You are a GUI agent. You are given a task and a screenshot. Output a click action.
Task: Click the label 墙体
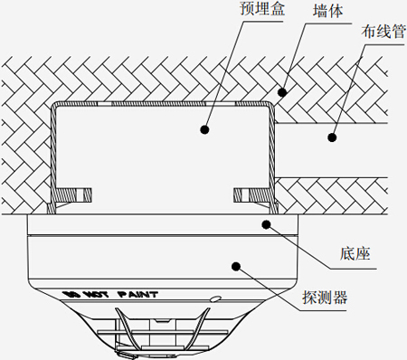click(327, 11)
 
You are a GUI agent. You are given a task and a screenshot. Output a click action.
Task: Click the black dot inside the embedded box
click(205, 129)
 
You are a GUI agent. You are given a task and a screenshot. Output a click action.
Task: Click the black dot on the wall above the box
click(282, 91)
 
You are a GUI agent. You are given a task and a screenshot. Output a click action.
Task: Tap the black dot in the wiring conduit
click(332, 137)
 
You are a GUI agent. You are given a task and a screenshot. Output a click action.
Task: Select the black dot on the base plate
click(265, 223)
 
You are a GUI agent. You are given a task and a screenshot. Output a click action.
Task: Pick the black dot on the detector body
click(237, 266)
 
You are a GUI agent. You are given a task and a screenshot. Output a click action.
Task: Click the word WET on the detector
click(97, 295)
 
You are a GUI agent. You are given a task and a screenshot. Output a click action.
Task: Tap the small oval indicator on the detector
click(214, 298)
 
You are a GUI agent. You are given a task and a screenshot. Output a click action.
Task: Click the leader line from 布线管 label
click(347, 90)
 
